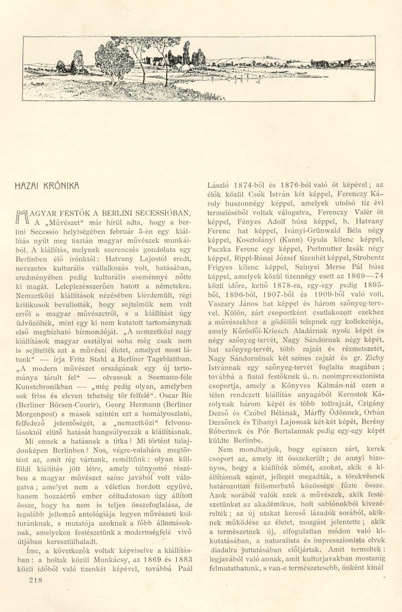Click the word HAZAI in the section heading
click(27, 185)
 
